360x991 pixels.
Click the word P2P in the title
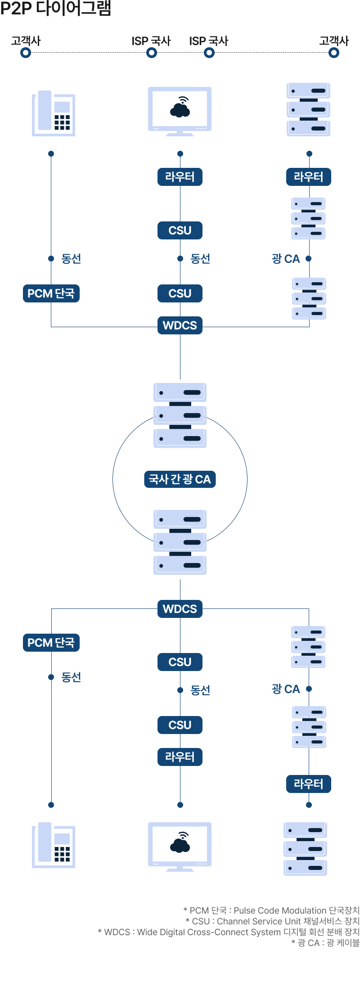[16, 8]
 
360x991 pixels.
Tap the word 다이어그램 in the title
[73, 8]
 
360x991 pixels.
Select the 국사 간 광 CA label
[180, 479]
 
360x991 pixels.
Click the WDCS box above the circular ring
[180, 325]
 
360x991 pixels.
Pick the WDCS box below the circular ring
[180, 609]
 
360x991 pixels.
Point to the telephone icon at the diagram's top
[54, 113]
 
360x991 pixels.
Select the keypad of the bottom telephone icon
[62, 854]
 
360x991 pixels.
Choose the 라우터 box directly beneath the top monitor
[180, 177]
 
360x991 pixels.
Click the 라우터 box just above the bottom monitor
[180, 757]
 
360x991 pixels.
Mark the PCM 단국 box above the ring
[51, 293]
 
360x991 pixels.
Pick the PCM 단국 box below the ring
[51, 643]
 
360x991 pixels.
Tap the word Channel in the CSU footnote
[233, 921]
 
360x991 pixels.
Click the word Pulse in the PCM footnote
[244, 910]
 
